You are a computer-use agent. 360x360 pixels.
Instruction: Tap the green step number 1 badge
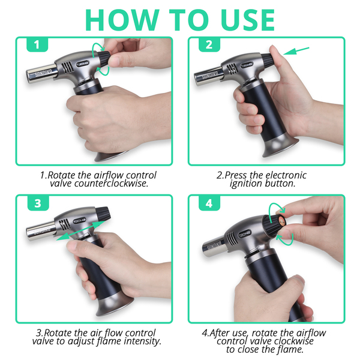(x=37, y=44)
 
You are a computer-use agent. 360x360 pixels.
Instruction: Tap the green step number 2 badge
(x=209, y=44)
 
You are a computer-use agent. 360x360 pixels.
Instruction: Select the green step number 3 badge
(x=38, y=203)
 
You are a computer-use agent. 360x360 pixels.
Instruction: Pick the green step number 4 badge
(x=209, y=203)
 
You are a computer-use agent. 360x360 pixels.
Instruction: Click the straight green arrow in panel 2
(x=296, y=51)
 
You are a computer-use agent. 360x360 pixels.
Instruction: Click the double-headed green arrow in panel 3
(x=80, y=231)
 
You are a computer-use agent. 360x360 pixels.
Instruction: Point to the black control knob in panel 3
(x=103, y=213)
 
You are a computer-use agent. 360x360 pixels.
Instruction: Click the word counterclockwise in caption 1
(x=111, y=184)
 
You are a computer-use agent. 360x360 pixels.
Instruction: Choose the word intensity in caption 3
(x=142, y=341)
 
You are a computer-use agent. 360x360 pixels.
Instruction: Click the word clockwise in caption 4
(x=293, y=341)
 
